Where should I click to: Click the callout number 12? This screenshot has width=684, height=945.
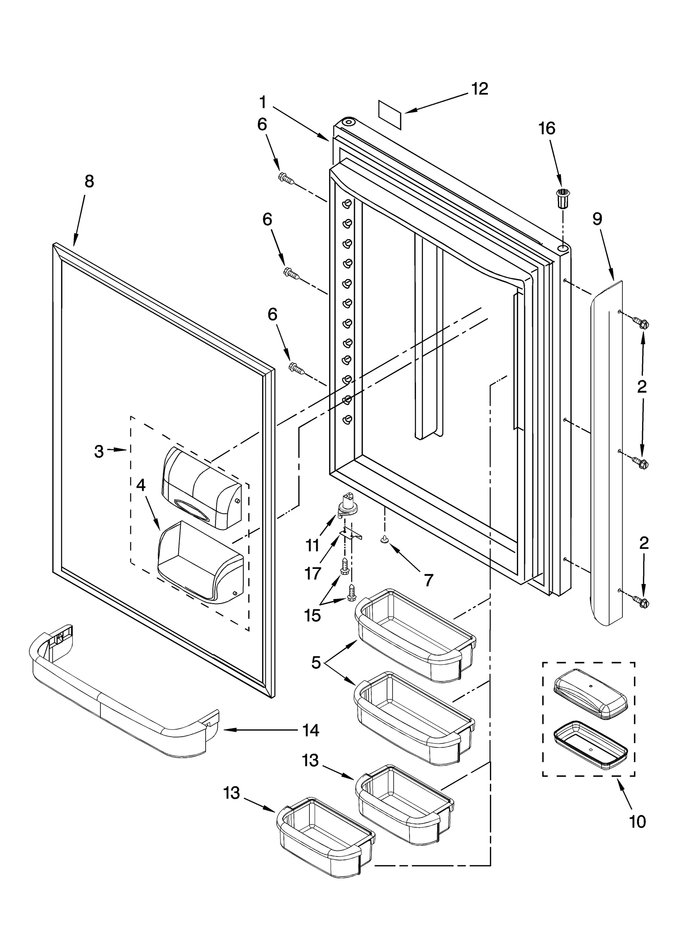pyautogui.click(x=479, y=89)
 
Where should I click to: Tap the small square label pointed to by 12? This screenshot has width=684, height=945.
pyautogui.click(x=390, y=115)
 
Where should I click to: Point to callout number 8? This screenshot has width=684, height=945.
pyautogui.click(x=89, y=181)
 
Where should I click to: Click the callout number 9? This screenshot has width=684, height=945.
pyautogui.click(x=597, y=219)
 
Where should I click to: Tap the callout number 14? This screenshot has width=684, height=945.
pyautogui.click(x=311, y=730)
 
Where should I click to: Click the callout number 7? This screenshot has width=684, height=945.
pyautogui.click(x=428, y=581)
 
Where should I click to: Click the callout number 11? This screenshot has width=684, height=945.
pyautogui.click(x=313, y=545)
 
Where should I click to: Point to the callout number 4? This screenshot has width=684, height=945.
pyautogui.click(x=141, y=485)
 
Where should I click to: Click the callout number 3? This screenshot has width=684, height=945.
pyautogui.click(x=99, y=451)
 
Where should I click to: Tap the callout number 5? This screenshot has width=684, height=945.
pyautogui.click(x=316, y=663)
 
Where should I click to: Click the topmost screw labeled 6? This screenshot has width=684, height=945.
pyautogui.click(x=286, y=178)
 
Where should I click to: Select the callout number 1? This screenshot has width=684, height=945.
pyautogui.click(x=262, y=102)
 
